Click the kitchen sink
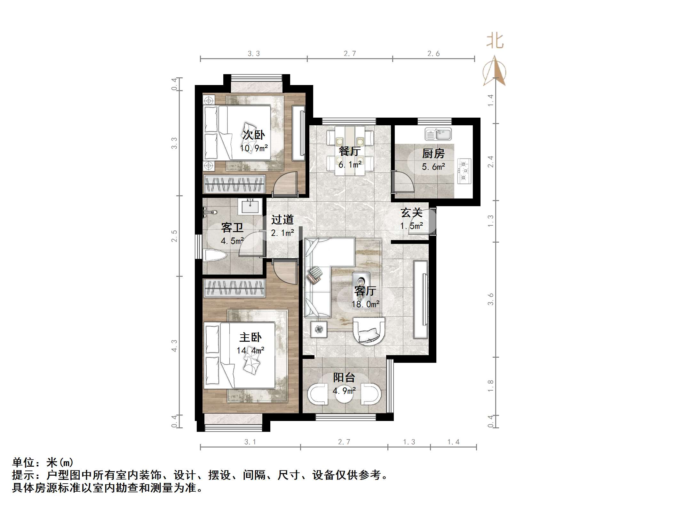click(438, 134)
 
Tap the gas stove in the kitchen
click(464, 171)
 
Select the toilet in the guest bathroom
click(215, 256)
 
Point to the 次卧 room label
click(254, 135)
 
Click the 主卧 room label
click(250, 338)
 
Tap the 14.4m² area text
click(250, 351)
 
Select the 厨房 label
click(433, 154)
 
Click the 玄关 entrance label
click(412, 213)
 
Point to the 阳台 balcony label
click(344, 378)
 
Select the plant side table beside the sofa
click(319, 329)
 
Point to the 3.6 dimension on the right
click(491, 299)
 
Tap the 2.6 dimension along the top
click(433, 54)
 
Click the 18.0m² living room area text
click(366, 304)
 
